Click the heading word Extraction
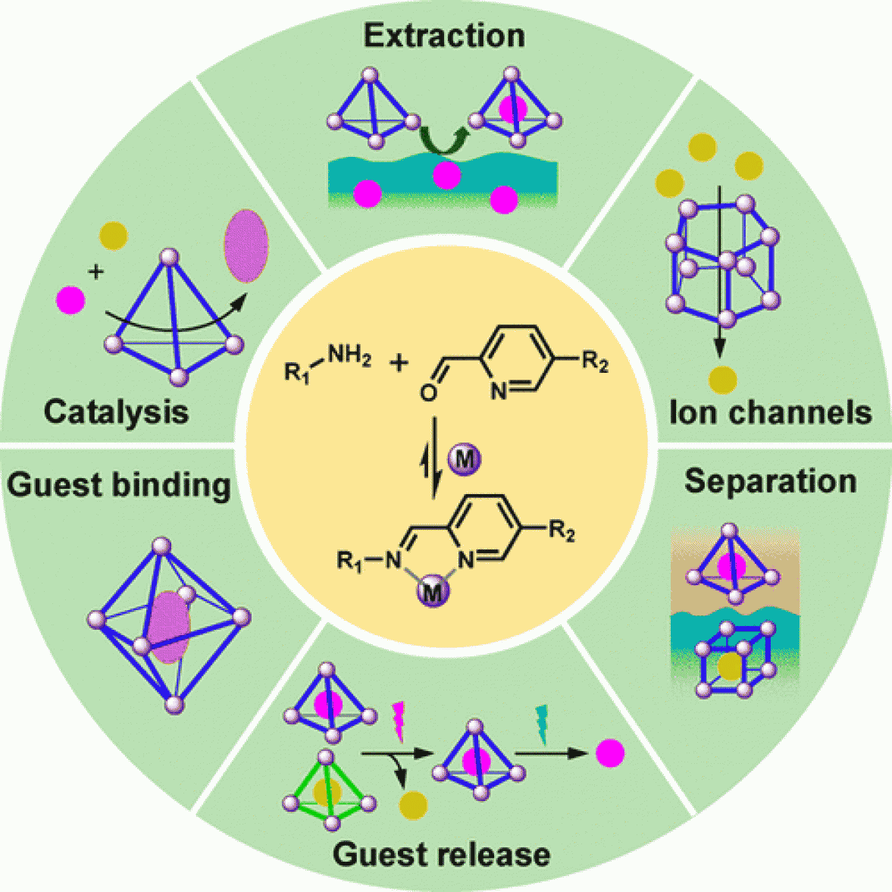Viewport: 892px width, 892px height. (x=444, y=36)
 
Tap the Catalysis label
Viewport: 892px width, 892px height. (x=116, y=412)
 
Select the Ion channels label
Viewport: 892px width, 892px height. (x=770, y=412)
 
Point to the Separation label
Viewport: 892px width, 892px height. (x=770, y=481)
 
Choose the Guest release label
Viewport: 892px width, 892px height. (x=441, y=854)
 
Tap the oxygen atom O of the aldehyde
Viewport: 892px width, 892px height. (x=428, y=393)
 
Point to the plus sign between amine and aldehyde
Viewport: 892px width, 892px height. (x=399, y=363)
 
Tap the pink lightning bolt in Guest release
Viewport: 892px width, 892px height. (x=399, y=721)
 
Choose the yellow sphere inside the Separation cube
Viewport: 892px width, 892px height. (x=731, y=666)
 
